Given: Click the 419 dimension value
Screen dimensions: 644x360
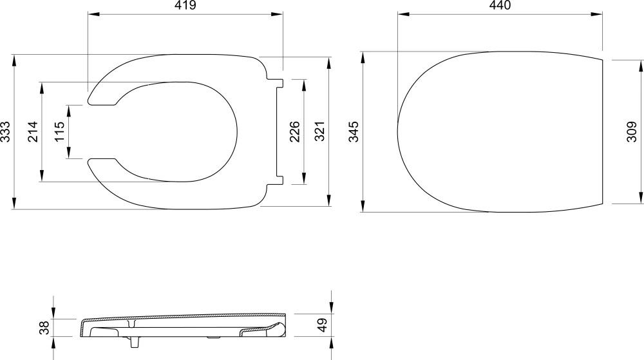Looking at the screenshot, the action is pos(185,5).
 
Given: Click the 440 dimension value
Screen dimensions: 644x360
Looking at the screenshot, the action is pos(500,5).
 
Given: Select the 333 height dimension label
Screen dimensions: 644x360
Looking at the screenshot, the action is pos(5,132).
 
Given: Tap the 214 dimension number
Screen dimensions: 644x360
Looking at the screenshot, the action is pos(32,132).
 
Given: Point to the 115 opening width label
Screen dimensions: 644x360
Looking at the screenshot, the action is pos(59,132).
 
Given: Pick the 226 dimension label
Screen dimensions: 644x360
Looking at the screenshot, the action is pos(294,132).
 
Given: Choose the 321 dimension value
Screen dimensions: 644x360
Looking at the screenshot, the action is pos(320,132).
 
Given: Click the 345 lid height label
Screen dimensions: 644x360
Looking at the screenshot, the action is pos(354,132).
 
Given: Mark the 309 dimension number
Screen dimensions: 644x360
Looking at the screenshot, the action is pos(632,132).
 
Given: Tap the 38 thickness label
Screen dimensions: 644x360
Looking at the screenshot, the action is pos(44,327).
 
